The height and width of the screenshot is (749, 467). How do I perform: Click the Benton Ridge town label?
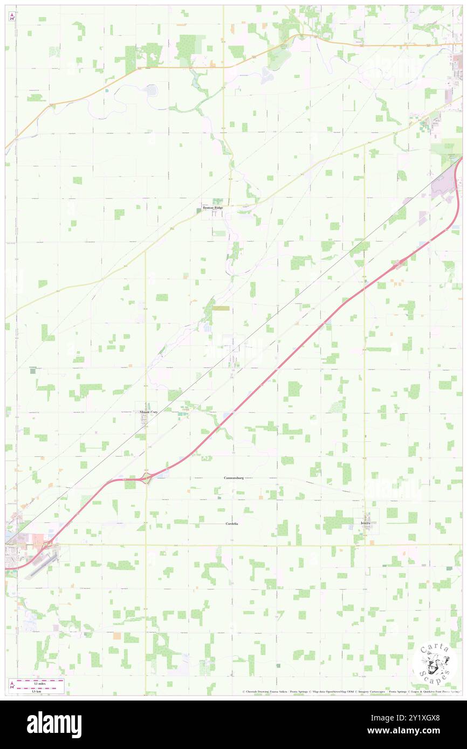[212, 207]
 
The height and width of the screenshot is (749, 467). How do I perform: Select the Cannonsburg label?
[235, 478]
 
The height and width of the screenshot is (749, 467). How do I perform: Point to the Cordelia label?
[231, 524]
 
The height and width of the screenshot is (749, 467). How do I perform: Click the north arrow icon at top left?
[12, 17]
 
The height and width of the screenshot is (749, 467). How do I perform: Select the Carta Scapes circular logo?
[434, 663]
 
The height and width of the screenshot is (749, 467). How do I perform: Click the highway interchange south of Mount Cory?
[146, 477]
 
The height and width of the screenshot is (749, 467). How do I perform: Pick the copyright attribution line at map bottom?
[351, 692]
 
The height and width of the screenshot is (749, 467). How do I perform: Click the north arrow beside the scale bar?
[12, 683]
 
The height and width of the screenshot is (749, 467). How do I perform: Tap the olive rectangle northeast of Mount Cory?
[221, 308]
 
